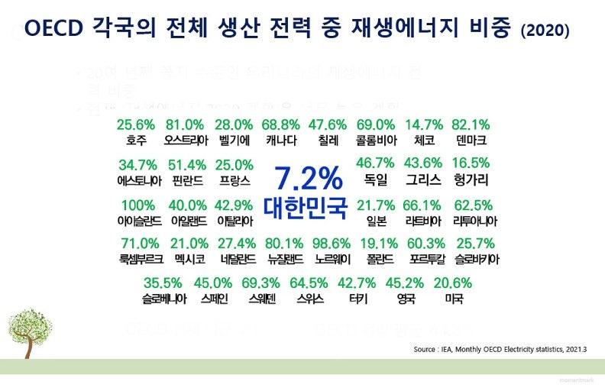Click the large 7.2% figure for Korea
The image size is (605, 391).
pos(309,178)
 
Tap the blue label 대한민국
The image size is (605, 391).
pos(306,207)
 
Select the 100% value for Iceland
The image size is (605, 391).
pos(137,205)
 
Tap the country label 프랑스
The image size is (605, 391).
pos(234,180)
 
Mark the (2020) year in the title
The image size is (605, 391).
pos(545,31)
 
